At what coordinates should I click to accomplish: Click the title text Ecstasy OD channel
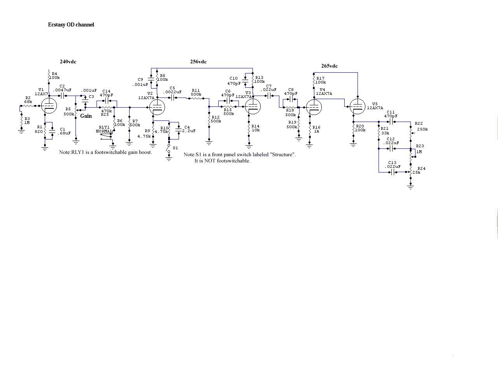[x=71, y=24]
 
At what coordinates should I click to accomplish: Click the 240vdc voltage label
[x=68, y=62]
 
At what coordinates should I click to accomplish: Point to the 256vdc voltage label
[x=198, y=62]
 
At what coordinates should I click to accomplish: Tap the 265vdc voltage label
[x=330, y=66]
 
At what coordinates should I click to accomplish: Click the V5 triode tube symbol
[x=357, y=106]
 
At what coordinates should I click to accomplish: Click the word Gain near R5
[x=86, y=116]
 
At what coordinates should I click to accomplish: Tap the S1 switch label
[x=175, y=148]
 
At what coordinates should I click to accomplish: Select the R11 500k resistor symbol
[x=196, y=98]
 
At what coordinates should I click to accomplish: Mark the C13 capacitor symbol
[x=393, y=172]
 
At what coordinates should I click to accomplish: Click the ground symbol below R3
[x=21, y=131]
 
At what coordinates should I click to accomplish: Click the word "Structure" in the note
[x=283, y=155]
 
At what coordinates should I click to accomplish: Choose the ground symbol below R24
[x=410, y=187]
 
